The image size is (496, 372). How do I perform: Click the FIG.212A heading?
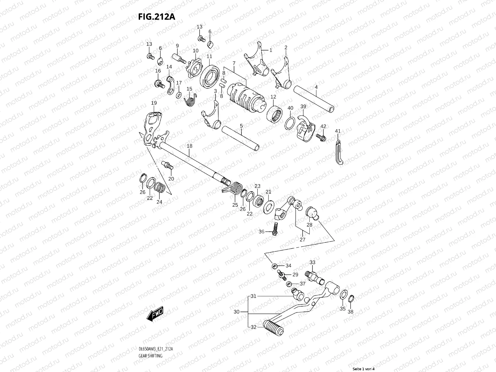click(x=157, y=17)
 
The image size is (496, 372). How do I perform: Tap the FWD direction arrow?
click(x=155, y=314)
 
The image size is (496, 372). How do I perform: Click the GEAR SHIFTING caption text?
click(x=150, y=356)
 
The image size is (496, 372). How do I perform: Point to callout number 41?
click(x=338, y=131)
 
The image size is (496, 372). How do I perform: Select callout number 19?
click(x=154, y=103)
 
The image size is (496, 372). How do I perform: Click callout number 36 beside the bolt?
click(x=261, y=232)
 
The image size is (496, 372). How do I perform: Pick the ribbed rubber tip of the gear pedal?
click(x=273, y=328)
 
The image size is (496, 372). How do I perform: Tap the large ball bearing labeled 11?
click(x=210, y=76)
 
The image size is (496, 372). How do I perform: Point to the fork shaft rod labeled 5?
click(x=240, y=138)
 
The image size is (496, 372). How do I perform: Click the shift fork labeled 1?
click(x=257, y=60)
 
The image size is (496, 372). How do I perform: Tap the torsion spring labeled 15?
click(x=190, y=100)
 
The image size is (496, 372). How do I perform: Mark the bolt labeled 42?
click(x=321, y=137)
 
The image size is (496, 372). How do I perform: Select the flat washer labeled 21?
click(x=269, y=207)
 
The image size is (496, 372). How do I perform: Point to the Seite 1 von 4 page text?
click(x=364, y=369)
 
